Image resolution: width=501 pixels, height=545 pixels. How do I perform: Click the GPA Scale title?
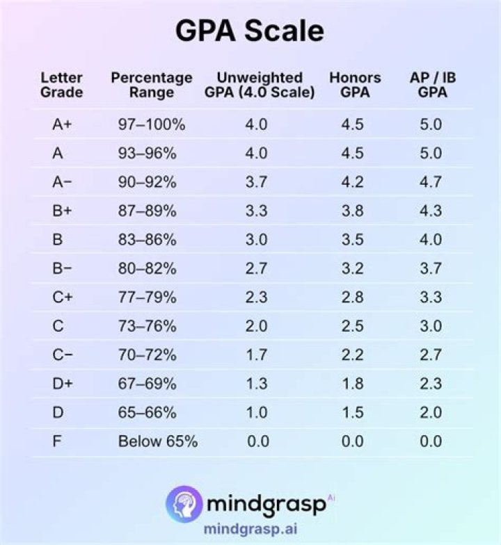pos(249,31)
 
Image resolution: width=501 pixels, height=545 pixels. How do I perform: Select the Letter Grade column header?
pos(61,85)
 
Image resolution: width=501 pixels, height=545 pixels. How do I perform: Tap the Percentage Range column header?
pos(151,85)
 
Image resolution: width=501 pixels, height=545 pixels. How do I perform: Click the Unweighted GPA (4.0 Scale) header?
pos(260,85)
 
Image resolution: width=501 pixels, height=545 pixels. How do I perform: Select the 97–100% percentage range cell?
pos(152,125)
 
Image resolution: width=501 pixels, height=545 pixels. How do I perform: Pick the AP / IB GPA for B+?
pos(431,211)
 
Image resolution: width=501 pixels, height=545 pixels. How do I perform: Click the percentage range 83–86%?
pos(147,240)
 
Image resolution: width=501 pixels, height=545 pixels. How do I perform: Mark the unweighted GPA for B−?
pos(257,268)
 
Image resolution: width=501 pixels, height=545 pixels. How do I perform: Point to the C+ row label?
pos(61,298)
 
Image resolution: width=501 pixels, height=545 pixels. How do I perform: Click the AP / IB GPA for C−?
pos(431,355)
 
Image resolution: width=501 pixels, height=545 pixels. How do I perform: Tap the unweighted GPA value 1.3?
pos(257,384)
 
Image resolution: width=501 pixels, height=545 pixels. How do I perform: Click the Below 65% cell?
pos(157,441)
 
